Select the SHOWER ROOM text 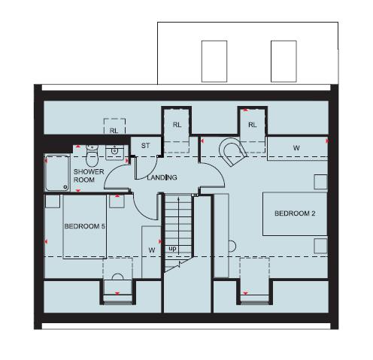coord(88,176)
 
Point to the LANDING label coord(162,177)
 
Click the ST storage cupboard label coord(146,146)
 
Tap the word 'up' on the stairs coord(172,248)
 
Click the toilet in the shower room coord(92,156)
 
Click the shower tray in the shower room coord(56,172)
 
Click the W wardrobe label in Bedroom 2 coord(296,148)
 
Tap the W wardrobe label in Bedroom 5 coord(151,249)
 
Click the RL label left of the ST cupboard coord(114,130)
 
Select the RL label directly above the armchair coord(252,125)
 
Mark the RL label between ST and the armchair coord(177,125)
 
